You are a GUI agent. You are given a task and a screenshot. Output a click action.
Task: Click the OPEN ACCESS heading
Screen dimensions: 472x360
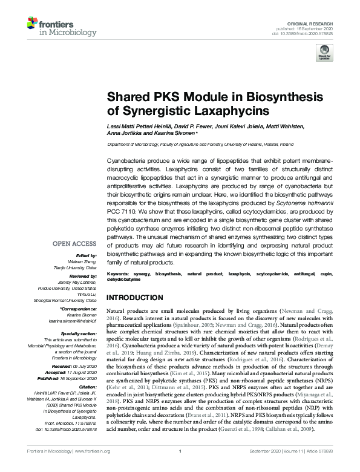click(x=74, y=244)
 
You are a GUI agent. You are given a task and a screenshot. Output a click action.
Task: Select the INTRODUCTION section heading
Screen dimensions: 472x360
click(x=137, y=298)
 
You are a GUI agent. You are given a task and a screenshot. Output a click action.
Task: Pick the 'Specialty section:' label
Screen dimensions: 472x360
click(x=80, y=333)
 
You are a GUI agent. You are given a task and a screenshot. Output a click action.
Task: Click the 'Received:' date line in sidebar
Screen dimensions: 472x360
click(x=80, y=366)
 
